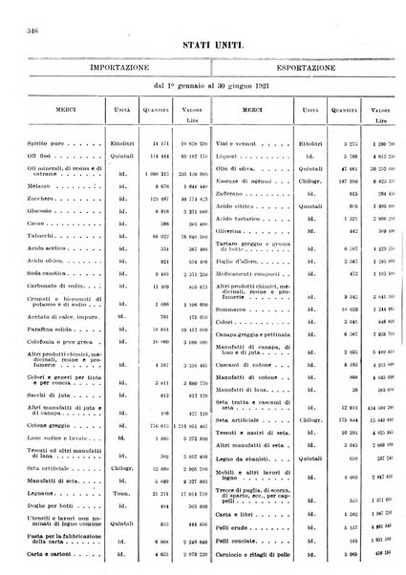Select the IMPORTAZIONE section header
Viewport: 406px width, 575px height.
click(113, 70)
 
